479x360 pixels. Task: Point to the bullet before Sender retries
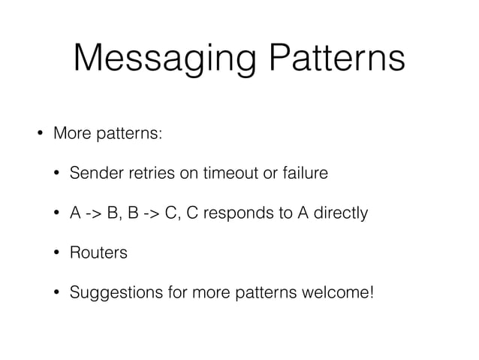coord(56,174)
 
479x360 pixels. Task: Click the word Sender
coord(94,174)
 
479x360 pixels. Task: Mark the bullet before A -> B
coord(56,213)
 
